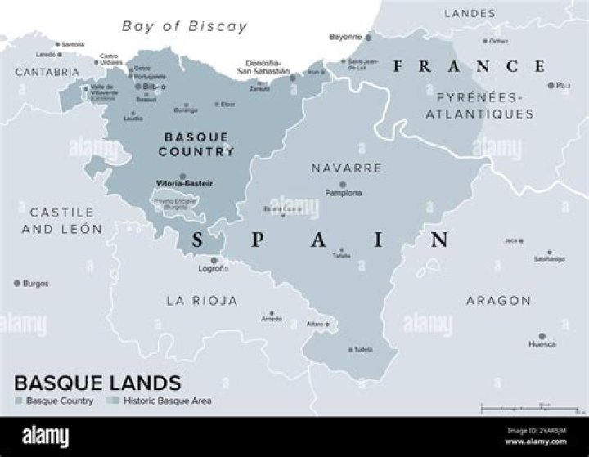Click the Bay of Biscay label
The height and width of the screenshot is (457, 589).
pyautogui.click(x=184, y=26)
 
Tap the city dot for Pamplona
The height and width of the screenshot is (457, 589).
pyautogui.click(x=343, y=185)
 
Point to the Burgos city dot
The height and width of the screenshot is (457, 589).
pyautogui.click(x=16, y=283)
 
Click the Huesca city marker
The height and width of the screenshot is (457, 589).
pyautogui.click(x=542, y=335)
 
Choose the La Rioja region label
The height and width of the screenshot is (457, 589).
pyautogui.click(x=201, y=301)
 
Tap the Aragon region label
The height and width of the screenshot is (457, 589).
pyautogui.click(x=498, y=301)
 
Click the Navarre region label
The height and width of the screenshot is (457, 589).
pyautogui.click(x=346, y=168)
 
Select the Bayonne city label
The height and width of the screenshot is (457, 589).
pyautogui.click(x=344, y=37)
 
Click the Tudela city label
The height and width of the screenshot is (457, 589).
pyautogui.click(x=362, y=350)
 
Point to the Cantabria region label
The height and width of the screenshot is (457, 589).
pyautogui.click(x=47, y=72)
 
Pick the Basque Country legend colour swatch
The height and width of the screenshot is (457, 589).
pyautogui.click(x=19, y=401)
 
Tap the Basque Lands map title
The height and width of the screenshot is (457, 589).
pyautogui.click(x=97, y=382)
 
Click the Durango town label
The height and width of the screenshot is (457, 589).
pyautogui.click(x=186, y=110)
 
